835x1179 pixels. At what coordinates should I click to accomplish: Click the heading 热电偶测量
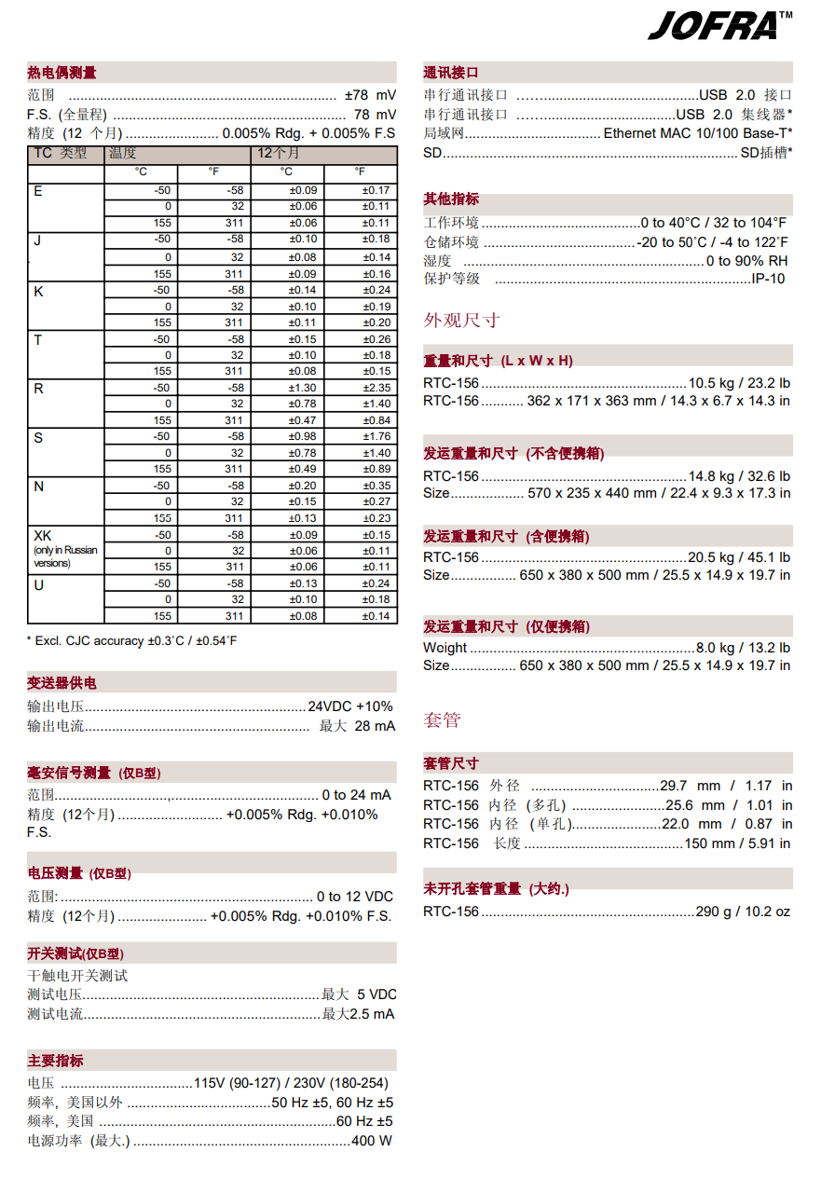[x=62, y=73]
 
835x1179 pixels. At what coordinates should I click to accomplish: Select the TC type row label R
[x=38, y=389]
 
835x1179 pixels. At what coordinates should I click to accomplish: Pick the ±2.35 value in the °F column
[x=376, y=388]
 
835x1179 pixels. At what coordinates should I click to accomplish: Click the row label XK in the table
[x=43, y=536]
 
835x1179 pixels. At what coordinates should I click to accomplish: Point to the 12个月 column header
[x=279, y=153]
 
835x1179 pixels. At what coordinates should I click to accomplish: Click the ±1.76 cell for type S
[x=376, y=436]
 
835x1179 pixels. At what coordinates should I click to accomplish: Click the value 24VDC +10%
[x=350, y=706]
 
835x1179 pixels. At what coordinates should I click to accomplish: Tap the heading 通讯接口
[x=451, y=73]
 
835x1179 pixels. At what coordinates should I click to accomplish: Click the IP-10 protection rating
[x=768, y=279]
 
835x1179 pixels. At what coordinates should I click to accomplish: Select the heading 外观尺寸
[x=461, y=321]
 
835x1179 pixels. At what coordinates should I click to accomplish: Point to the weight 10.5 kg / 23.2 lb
[x=739, y=383]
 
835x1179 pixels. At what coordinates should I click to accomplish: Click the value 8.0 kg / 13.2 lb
[x=743, y=648]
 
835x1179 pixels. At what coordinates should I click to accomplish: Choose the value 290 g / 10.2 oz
[x=743, y=912]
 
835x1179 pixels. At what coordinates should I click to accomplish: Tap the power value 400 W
[x=372, y=1141]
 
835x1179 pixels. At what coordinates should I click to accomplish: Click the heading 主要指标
[x=55, y=1061]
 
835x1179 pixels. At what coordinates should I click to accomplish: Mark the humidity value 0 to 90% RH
[x=746, y=261]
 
